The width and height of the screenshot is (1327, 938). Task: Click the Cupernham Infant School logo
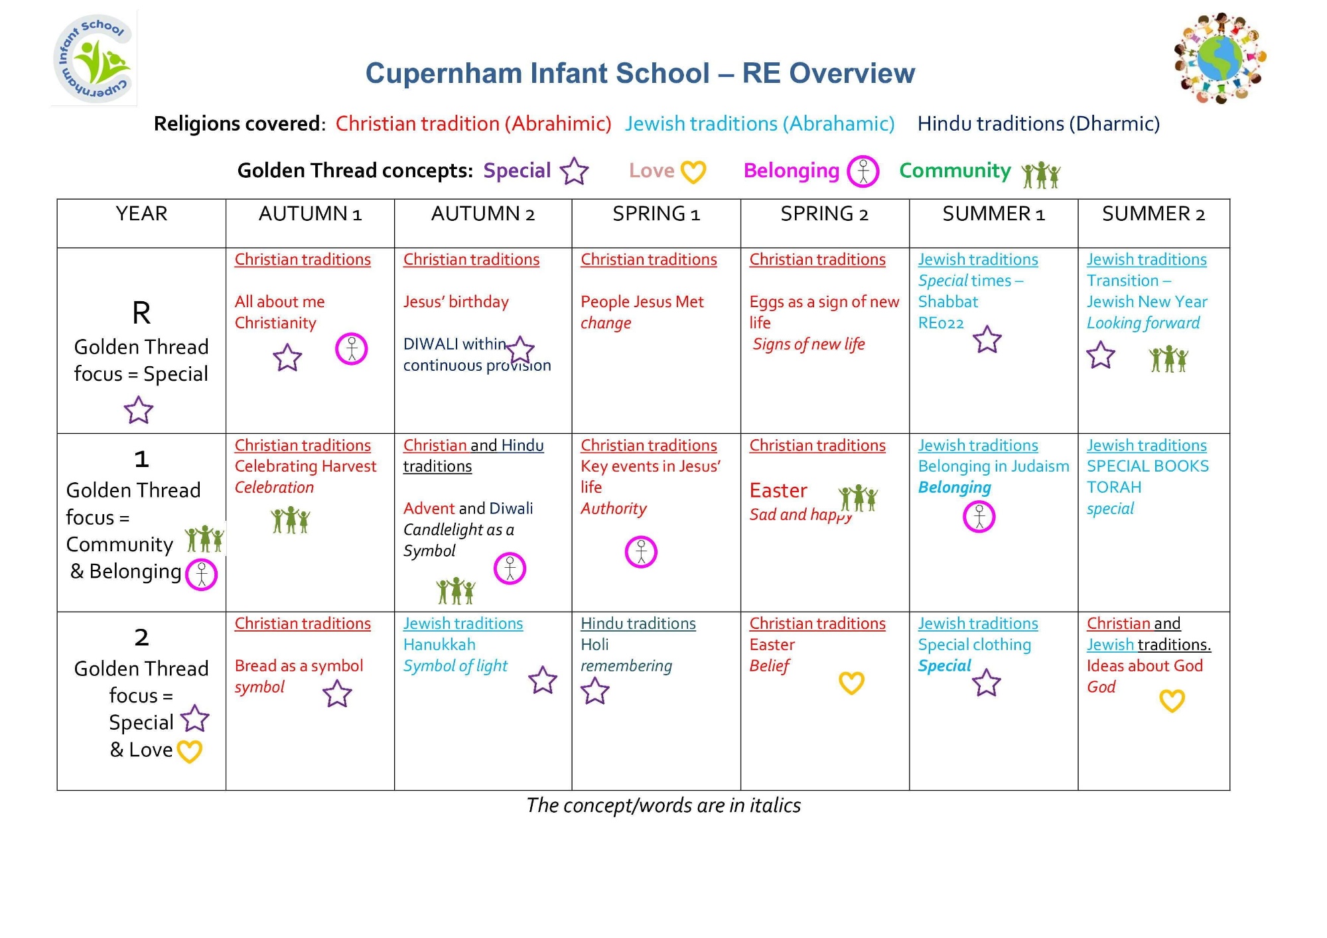94,59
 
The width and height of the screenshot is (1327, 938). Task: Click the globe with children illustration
1220,58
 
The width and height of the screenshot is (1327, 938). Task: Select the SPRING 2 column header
824,214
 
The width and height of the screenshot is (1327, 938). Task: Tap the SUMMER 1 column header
993,214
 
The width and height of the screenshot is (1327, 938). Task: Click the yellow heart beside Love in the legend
693,172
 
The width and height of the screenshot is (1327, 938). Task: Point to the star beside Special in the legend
574,171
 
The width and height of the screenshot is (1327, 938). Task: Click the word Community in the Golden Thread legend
955,170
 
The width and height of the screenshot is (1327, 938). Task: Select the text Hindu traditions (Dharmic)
1038,124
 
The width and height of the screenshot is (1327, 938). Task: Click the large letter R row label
141,312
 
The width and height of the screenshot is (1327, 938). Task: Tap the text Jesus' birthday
456,302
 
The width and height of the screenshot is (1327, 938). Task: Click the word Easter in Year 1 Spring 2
778,490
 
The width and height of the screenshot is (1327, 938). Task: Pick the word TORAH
1113,488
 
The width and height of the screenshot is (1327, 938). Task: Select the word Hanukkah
439,645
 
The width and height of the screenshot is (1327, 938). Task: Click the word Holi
594,645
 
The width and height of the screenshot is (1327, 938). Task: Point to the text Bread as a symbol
299,666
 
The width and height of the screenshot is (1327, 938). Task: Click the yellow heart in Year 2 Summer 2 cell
1172,701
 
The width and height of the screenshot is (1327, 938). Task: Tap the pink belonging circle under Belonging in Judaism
979,517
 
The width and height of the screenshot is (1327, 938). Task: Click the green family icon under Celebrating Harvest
291,521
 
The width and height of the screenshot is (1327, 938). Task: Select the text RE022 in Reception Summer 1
941,323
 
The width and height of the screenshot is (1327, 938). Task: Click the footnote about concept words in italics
663,805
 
